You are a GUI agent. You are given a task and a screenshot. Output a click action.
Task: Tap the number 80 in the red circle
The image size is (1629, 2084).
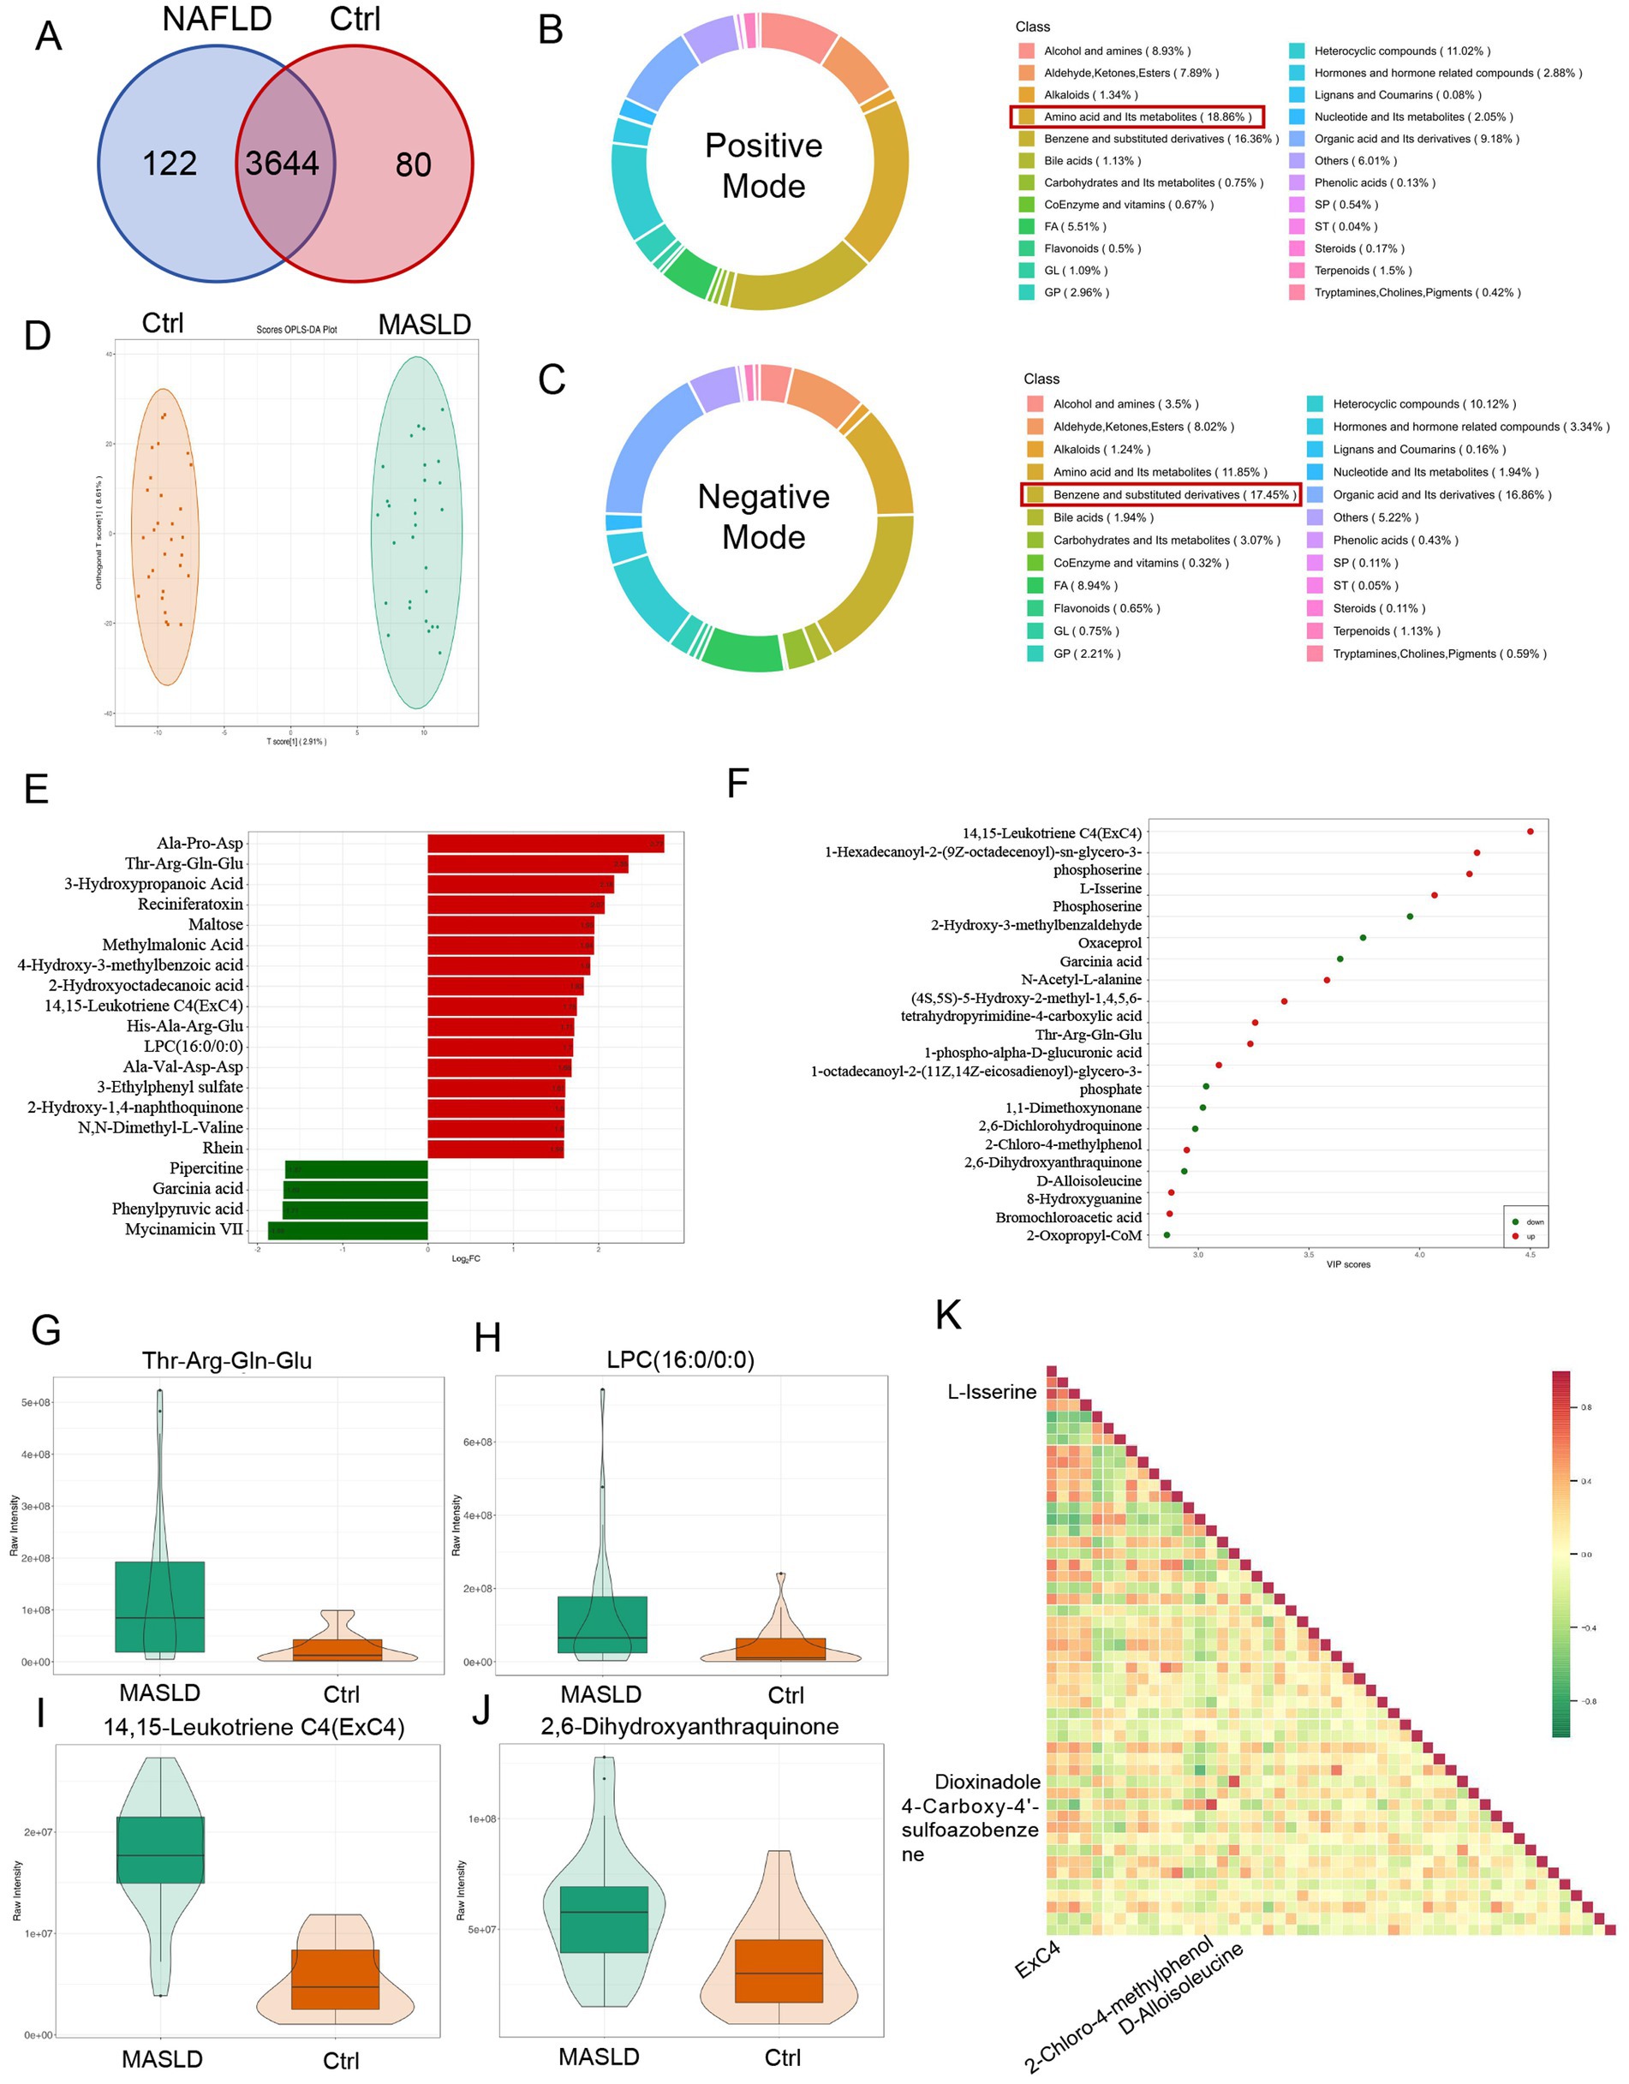(x=413, y=165)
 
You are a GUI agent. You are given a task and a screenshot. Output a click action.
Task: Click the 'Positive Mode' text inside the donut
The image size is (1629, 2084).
(x=763, y=165)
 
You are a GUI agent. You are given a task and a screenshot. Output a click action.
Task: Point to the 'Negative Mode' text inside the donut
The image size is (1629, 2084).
(x=763, y=517)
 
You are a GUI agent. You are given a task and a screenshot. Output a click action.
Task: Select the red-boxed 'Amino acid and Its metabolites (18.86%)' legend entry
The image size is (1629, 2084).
(x=1137, y=116)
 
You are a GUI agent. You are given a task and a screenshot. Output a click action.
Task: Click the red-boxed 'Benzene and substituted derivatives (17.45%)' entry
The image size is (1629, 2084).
(x=1161, y=494)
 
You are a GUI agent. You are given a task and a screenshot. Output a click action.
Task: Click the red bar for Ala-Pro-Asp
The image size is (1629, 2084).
(x=545, y=844)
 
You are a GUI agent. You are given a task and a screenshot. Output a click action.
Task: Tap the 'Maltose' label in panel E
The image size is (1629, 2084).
(x=216, y=924)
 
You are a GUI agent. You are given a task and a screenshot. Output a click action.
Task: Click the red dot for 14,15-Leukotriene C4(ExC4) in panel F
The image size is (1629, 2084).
(x=1530, y=832)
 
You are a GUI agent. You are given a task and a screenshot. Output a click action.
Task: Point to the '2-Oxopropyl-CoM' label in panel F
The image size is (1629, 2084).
(x=1083, y=1236)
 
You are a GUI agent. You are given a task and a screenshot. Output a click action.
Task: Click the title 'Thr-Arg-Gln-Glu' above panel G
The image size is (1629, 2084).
(x=227, y=1361)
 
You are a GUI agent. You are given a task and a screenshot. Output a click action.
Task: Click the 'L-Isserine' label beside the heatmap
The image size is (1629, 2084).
(x=992, y=1392)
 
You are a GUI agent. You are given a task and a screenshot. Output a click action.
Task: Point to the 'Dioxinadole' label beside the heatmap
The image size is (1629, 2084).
(x=987, y=1782)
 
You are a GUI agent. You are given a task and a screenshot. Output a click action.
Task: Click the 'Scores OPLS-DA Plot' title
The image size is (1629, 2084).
(x=297, y=330)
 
